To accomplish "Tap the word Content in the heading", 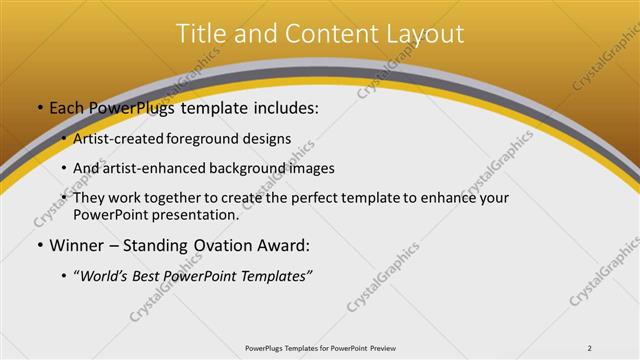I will click(324, 34).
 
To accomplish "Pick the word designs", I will click(270, 139).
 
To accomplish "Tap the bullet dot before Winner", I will click(39, 245).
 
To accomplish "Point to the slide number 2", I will click(590, 348).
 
